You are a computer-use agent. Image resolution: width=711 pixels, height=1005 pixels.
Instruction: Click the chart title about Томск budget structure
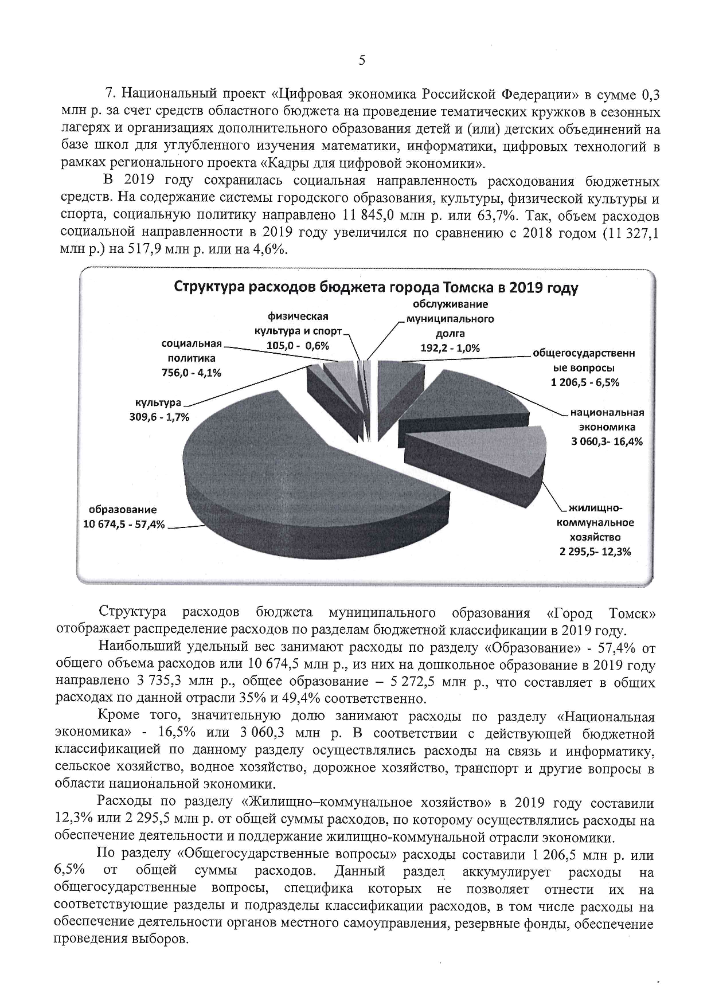click(x=376, y=287)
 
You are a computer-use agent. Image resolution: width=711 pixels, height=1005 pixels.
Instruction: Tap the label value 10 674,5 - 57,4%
click(x=124, y=524)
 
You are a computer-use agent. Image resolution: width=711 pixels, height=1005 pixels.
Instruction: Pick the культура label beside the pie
click(x=158, y=403)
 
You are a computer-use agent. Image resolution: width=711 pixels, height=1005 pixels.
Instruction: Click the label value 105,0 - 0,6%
click(x=298, y=346)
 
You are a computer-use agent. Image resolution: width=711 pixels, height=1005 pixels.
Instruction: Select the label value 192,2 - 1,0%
click(x=450, y=348)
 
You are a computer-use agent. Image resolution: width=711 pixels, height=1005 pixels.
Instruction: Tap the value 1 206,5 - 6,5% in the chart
click(x=585, y=382)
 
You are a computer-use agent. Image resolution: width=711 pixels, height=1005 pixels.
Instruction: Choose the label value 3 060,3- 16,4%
click(x=607, y=441)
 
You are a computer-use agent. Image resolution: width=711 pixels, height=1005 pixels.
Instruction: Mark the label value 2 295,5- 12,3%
click(x=595, y=552)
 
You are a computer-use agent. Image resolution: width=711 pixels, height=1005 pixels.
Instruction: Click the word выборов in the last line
click(x=162, y=941)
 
